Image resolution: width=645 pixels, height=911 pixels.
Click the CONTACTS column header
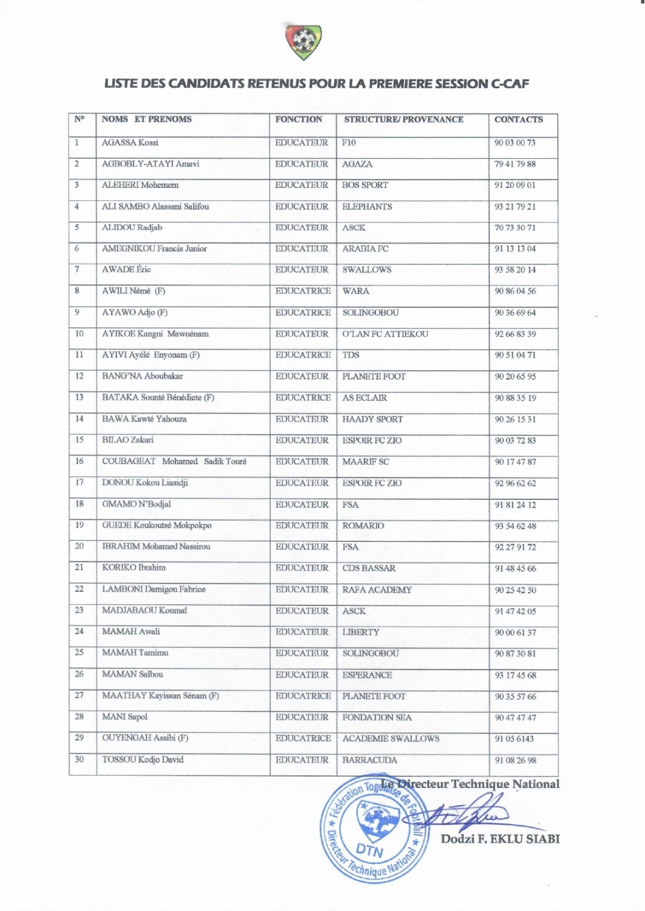pyautogui.click(x=519, y=120)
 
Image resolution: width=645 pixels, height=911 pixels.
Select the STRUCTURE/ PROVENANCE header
pyautogui.click(x=403, y=120)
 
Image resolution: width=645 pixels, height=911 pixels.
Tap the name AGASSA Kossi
pyautogui.click(x=130, y=142)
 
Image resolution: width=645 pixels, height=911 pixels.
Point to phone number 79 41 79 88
pyautogui.click(x=515, y=164)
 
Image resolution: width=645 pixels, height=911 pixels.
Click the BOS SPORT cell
pyautogui.click(x=365, y=185)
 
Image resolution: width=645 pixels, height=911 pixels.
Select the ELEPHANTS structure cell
pyautogui.click(x=367, y=207)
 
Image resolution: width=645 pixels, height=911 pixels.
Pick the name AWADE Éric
pyautogui.click(x=126, y=269)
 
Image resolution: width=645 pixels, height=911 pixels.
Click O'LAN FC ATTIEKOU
pyautogui.click(x=385, y=334)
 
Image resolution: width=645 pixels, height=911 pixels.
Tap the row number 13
pyautogui.click(x=79, y=397)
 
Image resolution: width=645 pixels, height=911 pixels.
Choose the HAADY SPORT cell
pyautogui.click(x=373, y=419)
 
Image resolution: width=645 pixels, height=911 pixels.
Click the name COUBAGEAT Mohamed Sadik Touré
pyautogui.click(x=174, y=461)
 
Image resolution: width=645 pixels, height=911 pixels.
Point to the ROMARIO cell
pyautogui.click(x=363, y=526)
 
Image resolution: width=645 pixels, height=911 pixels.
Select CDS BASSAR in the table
pyautogui.click(x=369, y=568)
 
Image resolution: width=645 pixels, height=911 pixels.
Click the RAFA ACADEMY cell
pyautogui.click(x=377, y=590)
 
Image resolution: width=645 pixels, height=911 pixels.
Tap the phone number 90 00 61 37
pyautogui.click(x=515, y=633)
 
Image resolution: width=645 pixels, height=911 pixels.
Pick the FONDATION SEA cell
pyautogui.click(x=377, y=717)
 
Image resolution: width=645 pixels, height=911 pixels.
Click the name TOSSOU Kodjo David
pyautogui.click(x=143, y=760)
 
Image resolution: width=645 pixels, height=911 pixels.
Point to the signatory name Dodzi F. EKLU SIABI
pyautogui.click(x=500, y=839)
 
